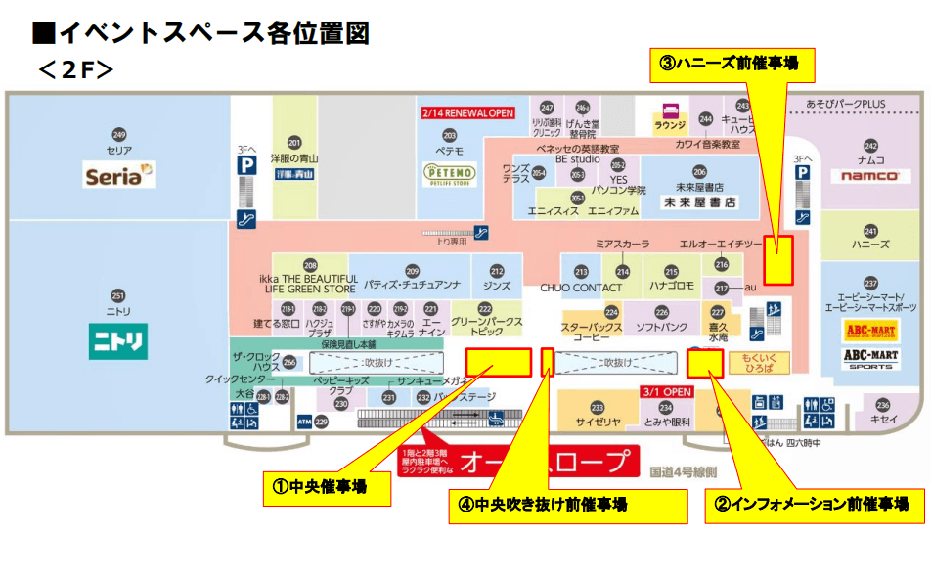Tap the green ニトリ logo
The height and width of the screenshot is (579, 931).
(118, 341)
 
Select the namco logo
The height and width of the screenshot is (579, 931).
(869, 176)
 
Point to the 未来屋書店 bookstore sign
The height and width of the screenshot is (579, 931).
(699, 202)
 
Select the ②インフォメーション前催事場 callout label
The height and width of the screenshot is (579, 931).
(813, 504)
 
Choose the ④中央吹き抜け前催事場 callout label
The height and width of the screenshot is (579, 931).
(553, 505)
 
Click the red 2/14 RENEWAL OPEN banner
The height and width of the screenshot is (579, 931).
(467, 113)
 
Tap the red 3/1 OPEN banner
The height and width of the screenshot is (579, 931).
(667, 391)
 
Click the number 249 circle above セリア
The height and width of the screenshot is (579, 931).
(119, 134)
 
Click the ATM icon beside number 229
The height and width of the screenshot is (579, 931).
(304, 422)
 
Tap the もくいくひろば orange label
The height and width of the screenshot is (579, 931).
(758, 363)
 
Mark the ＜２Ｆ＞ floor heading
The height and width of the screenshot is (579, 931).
(76, 69)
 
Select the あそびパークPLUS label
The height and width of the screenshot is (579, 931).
(847, 104)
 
